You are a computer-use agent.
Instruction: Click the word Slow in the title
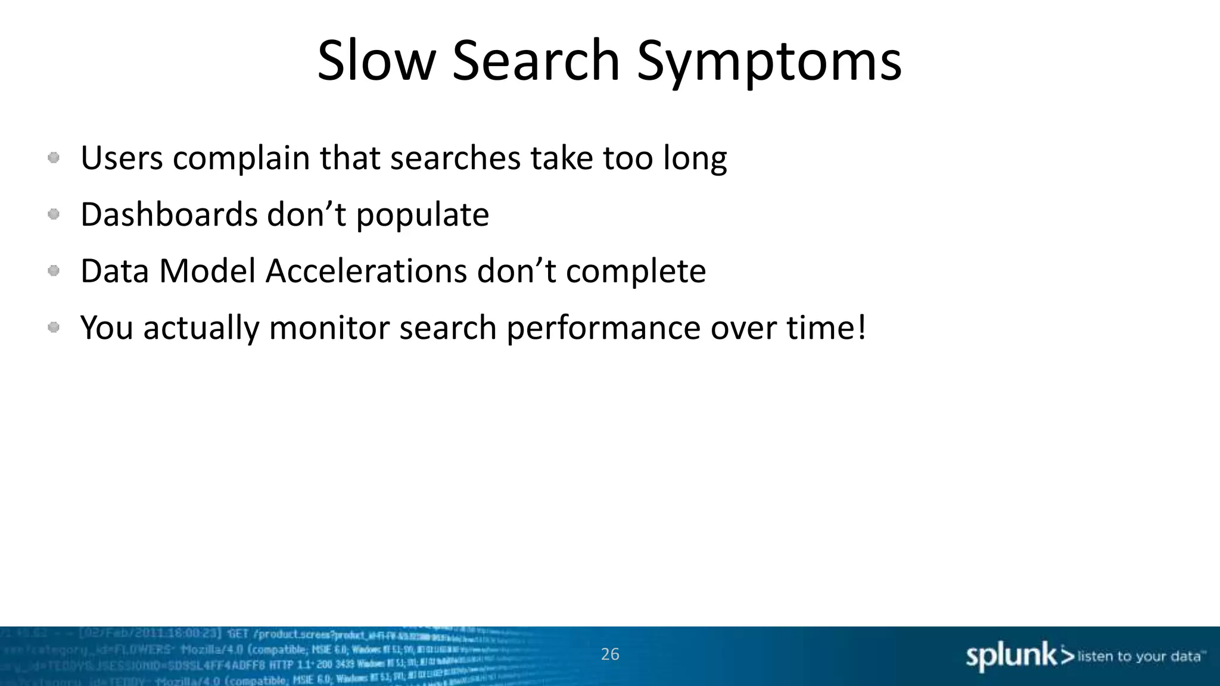pos(376,61)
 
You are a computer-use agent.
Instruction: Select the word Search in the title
pos(536,61)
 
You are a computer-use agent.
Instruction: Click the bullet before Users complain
pos(54,158)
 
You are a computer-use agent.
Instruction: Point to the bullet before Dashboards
pos(54,214)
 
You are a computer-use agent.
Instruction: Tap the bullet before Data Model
pos(54,271)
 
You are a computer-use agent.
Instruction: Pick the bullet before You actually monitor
pos(54,328)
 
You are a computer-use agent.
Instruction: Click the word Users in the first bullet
pos(122,158)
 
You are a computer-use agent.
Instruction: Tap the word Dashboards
pos(169,214)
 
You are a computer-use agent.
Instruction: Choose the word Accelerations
pos(366,272)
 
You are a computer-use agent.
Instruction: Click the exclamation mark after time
pos(861,328)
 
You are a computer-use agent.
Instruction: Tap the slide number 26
pos(610,654)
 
